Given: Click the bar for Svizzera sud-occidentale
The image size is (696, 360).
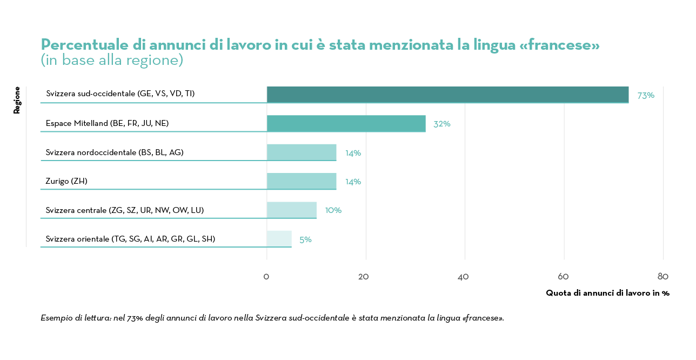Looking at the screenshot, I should click(447, 95).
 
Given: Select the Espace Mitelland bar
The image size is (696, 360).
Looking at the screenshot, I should click(346, 124).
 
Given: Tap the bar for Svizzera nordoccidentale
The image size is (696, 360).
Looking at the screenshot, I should click(302, 152).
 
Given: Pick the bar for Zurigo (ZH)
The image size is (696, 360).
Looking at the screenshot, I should click(302, 181).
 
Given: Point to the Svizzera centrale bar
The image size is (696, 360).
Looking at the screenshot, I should click(292, 210).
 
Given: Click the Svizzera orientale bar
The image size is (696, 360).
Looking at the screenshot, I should click(279, 239).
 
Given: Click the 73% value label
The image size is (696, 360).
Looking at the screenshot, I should click(646, 96).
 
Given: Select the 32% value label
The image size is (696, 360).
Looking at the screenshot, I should click(441, 124).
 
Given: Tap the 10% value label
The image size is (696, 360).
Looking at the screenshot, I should click(333, 210).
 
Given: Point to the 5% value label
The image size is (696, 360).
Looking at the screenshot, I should click(305, 239).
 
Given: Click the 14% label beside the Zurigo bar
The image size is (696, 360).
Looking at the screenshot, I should click(353, 182).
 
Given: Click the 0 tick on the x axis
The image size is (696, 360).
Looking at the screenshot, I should click(266, 277).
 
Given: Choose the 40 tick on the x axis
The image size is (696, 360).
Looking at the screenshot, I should click(463, 277).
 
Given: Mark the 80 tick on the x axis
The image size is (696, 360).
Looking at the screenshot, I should click(663, 277).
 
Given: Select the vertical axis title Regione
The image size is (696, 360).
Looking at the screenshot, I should click(17, 100).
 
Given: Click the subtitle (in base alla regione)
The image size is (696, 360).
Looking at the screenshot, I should click(112, 60).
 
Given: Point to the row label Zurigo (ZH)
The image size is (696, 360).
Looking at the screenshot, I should click(66, 181).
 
